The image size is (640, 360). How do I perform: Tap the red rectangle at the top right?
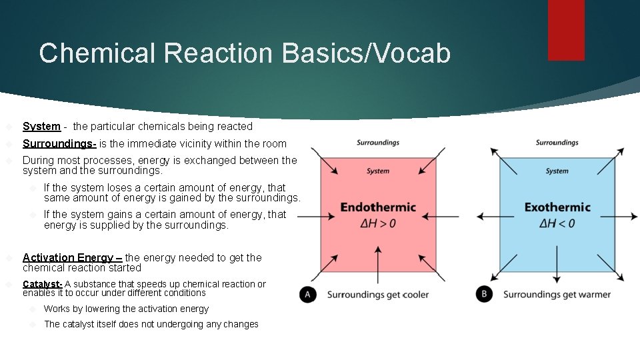click(566, 30)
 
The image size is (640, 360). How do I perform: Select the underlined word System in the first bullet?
click(41, 126)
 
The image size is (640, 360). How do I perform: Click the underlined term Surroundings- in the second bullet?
click(59, 143)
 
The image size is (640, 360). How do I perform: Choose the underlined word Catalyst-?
click(43, 284)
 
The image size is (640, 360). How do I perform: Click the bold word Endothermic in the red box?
click(378, 207)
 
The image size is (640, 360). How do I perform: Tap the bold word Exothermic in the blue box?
click(557, 207)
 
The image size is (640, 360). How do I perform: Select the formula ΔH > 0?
click(378, 223)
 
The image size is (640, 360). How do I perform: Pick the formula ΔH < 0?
click(557, 223)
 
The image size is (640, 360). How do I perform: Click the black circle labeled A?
click(308, 294)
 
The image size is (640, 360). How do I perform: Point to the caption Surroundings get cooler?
click(378, 295)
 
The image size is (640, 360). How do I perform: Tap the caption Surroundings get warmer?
click(557, 295)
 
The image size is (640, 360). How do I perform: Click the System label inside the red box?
click(378, 171)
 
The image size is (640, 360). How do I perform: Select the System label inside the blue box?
click(557, 171)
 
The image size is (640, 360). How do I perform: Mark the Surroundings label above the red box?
click(378, 143)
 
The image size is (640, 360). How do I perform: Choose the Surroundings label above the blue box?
click(557, 143)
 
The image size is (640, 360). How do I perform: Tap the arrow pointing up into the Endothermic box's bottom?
click(378, 261)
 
